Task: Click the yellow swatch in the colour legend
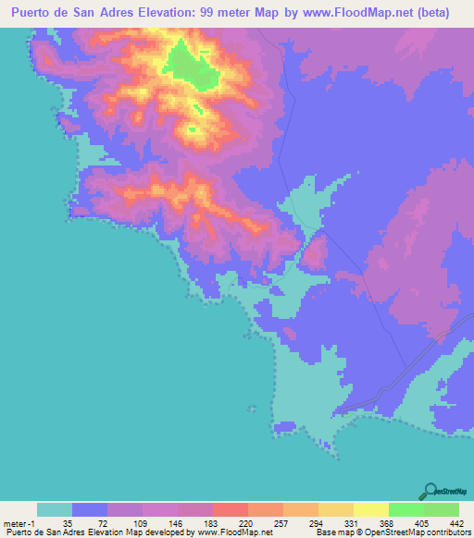370,509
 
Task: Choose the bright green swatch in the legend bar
405,509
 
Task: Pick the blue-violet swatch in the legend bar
90,509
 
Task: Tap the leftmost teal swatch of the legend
55,509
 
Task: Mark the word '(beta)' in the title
433,13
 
